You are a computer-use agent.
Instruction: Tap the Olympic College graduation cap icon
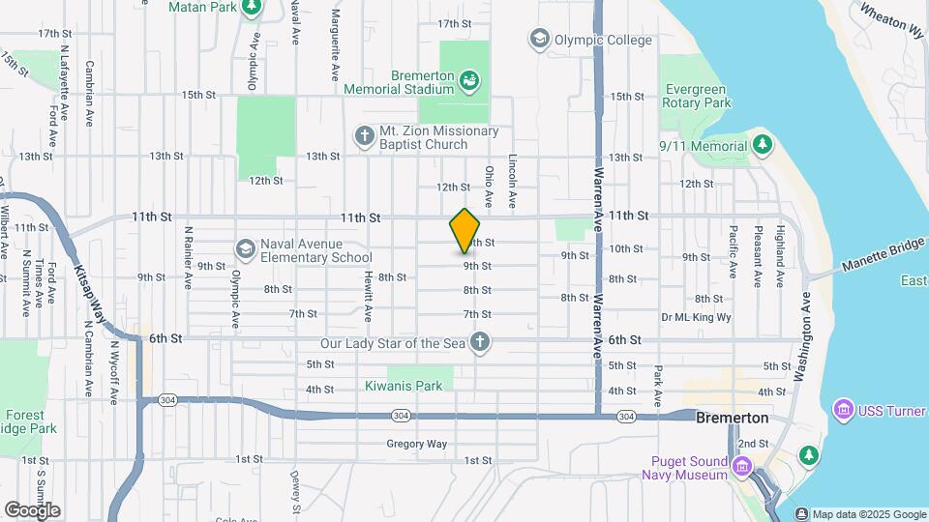point(539,40)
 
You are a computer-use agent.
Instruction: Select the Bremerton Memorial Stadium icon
point(469,79)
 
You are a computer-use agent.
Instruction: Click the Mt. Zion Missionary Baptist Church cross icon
point(365,135)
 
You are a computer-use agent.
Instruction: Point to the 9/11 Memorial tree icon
point(763,145)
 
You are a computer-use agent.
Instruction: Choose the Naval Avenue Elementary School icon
point(246,249)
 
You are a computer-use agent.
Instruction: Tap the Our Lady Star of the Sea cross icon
point(479,342)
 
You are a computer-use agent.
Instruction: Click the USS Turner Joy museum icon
point(843,411)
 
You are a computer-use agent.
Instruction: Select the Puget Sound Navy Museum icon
point(743,468)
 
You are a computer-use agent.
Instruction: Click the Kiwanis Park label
point(404,386)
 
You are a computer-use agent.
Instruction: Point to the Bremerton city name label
point(732,418)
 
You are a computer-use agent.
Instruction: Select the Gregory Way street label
point(417,444)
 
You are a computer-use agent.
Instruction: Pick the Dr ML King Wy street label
point(695,317)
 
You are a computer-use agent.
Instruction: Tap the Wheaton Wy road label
point(891,20)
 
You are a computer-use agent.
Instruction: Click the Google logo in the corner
point(32,509)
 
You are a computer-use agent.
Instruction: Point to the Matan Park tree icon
point(252,7)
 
